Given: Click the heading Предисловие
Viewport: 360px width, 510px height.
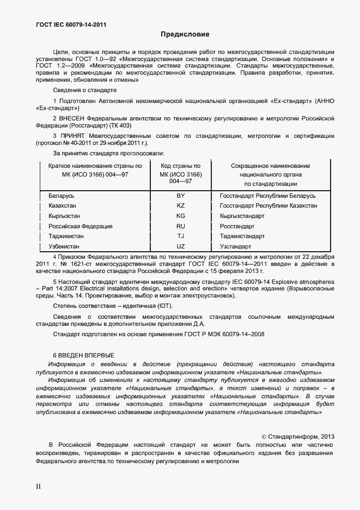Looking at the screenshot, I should tap(185, 34).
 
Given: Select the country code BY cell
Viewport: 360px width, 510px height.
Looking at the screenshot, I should tap(181, 196).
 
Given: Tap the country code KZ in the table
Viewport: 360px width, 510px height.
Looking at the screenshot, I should tap(181, 206).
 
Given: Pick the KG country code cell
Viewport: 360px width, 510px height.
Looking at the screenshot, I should tap(181, 216).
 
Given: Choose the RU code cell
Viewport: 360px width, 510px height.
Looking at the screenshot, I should tap(181, 226).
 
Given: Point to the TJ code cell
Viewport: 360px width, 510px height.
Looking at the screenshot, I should tap(181, 236).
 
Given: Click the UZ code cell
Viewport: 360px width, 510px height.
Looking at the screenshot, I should tap(181, 247).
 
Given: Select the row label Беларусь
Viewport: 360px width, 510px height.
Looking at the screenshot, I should tap(62, 196).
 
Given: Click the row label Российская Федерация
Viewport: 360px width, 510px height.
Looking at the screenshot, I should tap(81, 226).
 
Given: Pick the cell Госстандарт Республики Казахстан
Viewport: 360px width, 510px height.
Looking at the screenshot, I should tap(269, 206).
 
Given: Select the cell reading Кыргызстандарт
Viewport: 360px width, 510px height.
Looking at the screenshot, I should tap(242, 216).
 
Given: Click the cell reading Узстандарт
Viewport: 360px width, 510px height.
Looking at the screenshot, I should tap(235, 247).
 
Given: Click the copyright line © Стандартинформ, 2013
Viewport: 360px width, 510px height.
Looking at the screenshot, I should tap(298, 436).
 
